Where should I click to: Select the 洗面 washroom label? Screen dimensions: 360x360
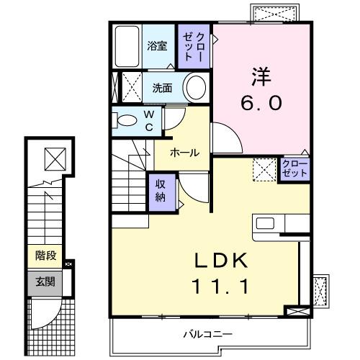tap(161, 89)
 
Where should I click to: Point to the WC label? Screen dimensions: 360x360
tap(148, 120)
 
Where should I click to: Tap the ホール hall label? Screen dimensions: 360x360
tap(184, 153)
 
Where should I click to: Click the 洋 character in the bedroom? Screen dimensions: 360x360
tap(261, 74)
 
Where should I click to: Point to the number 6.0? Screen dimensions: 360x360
tap(261, 103)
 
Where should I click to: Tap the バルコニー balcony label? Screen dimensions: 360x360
tap(207, 334)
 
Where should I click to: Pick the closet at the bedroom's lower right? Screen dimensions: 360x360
tap(292, 171)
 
